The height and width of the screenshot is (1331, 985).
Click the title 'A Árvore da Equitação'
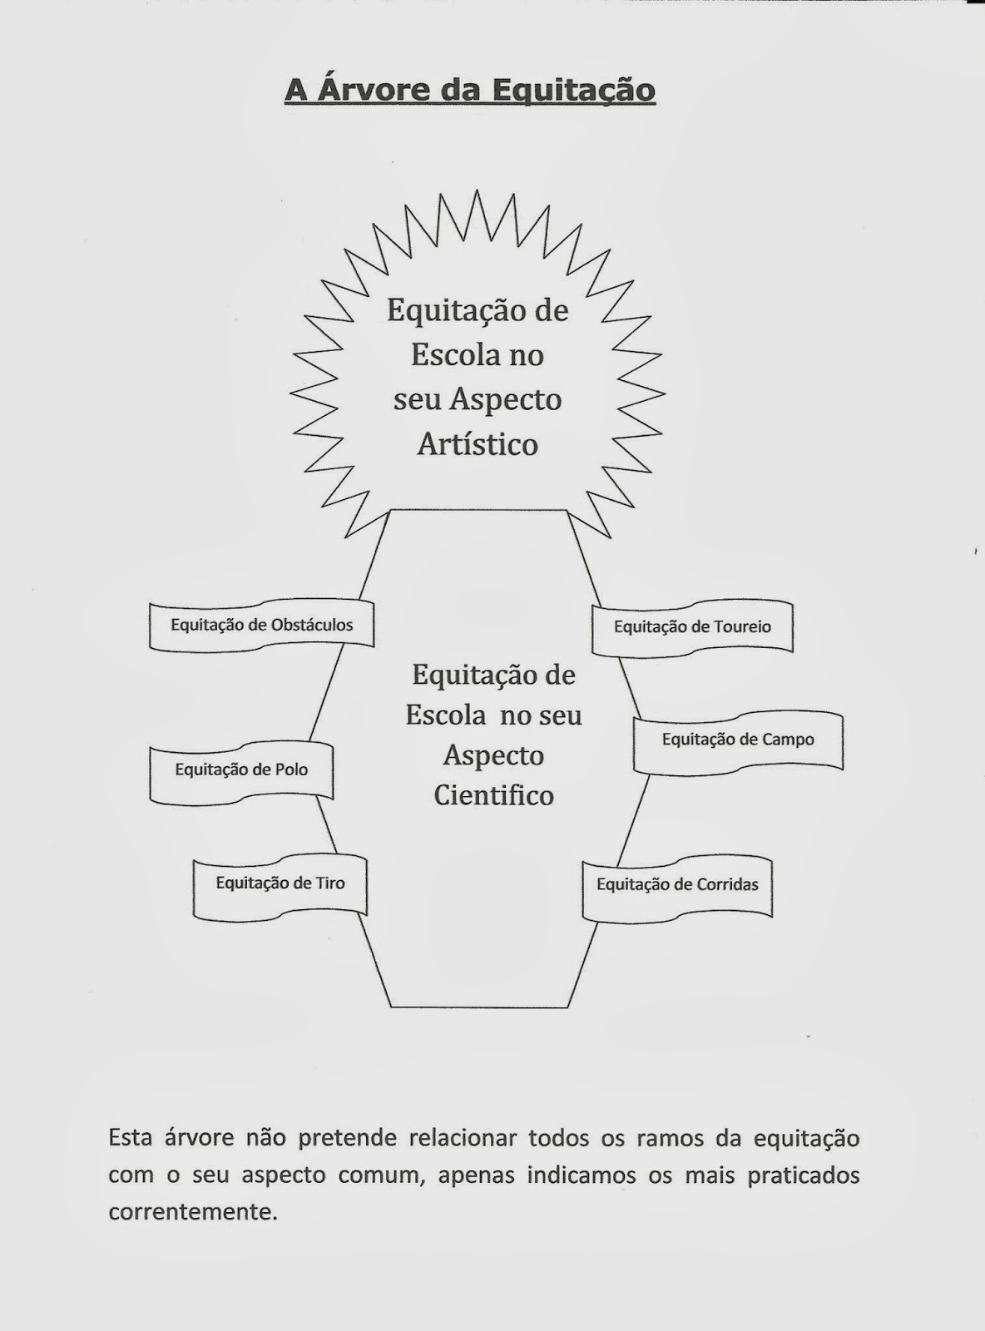click(x=470, y=90)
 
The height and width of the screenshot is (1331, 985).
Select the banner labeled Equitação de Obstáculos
click(x=261, y=625)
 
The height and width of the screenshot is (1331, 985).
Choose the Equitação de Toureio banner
click(x=692, y=627)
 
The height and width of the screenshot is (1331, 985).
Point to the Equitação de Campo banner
click(x=738, y=740)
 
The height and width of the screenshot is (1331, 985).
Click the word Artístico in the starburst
click(x=478, y=444)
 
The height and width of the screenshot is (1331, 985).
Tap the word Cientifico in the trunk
click(x=494, y=795)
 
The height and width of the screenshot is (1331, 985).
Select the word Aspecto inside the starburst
click(x=506, y=400)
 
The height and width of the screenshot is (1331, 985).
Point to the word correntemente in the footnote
click(x=192, y=1212)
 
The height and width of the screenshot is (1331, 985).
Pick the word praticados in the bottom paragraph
click(x=803, y=1175)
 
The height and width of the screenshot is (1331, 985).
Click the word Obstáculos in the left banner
click(x=312, y=625)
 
